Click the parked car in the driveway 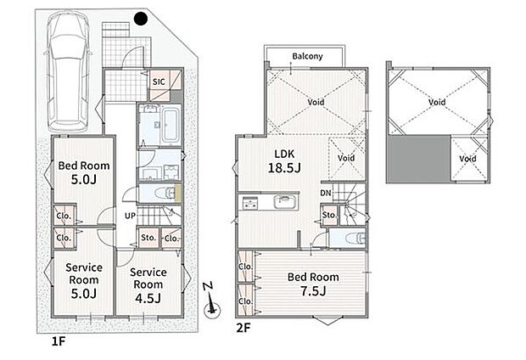(x=68, y=71)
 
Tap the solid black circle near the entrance (x=141, y=19)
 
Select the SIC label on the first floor (x=159, y=82)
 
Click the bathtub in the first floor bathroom (x=171, y=125)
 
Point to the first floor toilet (x=165, y=193)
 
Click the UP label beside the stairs (x=130, y=216)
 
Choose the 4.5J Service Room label (x=148, y=284)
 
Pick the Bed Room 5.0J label (x=84, y=172)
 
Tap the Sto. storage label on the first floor (x=148, y=238)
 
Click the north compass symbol (x=211, y=301)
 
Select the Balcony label (x=307, y=56)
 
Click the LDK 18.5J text (x=284, y=160)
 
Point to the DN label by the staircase (x=326, y=193)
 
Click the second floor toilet (x=356, y=238)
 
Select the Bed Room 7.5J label (x=313, y=284)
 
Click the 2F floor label (x=243, y=328)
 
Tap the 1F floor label (x=58, y=341)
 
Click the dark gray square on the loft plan (x=418, y=159)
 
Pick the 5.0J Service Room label (x=84, y=280)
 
